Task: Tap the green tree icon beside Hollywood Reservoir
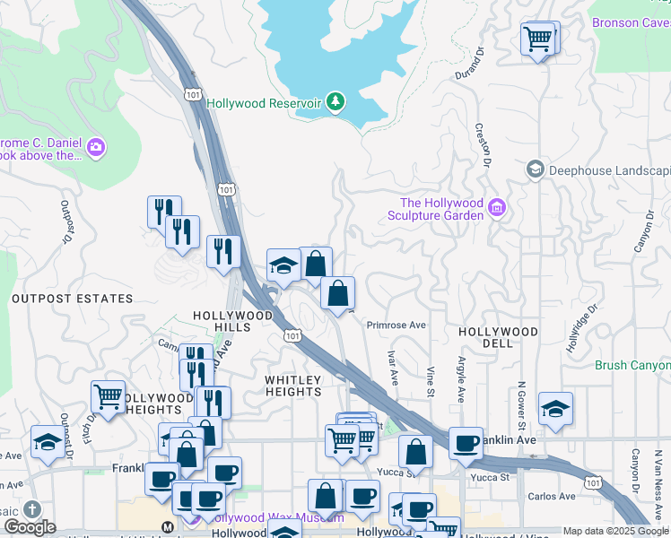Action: coord(335,102)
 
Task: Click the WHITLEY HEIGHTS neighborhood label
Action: coord(293,386)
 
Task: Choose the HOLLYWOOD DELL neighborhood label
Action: coord(498,332)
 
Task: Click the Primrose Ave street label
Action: coord(396,325)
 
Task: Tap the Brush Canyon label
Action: coord(632,365)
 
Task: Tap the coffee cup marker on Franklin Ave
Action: coord(466,443)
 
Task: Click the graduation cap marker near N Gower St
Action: coord(555,408)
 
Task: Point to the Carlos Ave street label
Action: coord(552,496)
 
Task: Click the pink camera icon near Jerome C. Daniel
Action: coord(96,146)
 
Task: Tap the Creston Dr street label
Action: coord(483,145)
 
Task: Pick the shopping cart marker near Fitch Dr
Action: coord(108,395)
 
